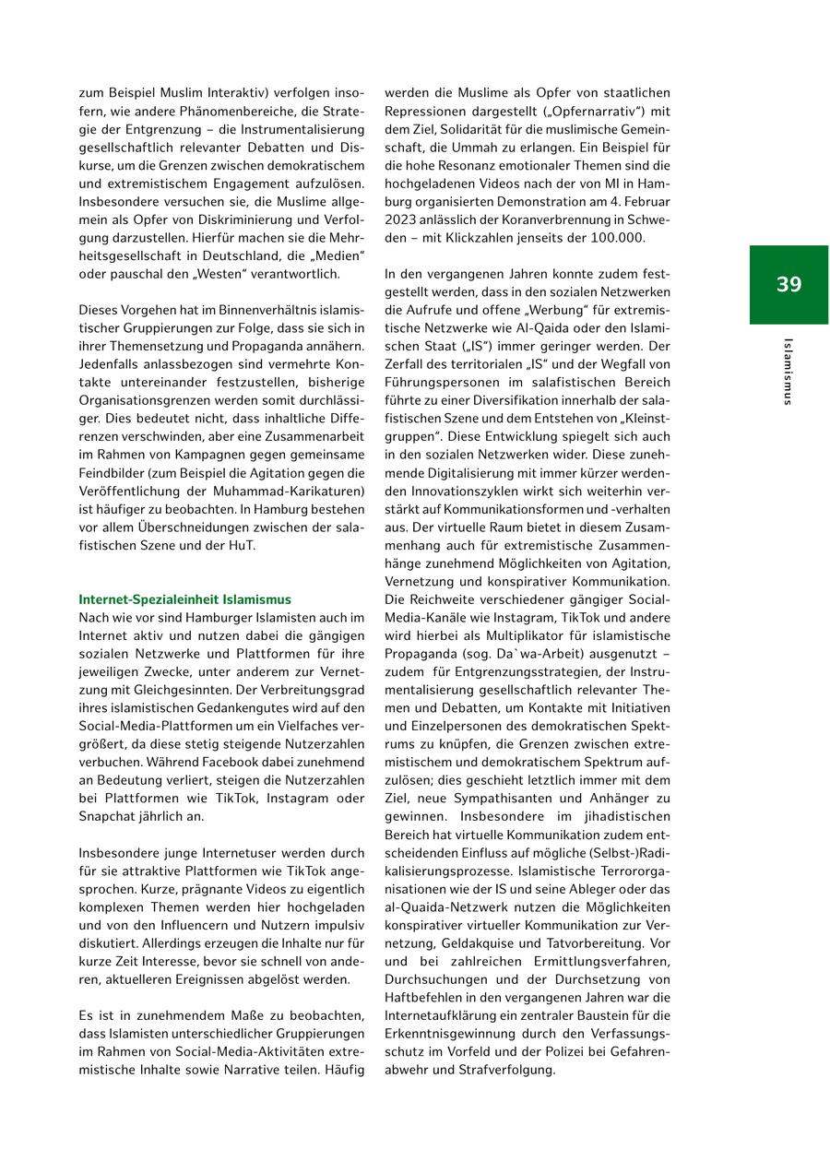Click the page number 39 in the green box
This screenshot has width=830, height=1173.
[x=788, y=284]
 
